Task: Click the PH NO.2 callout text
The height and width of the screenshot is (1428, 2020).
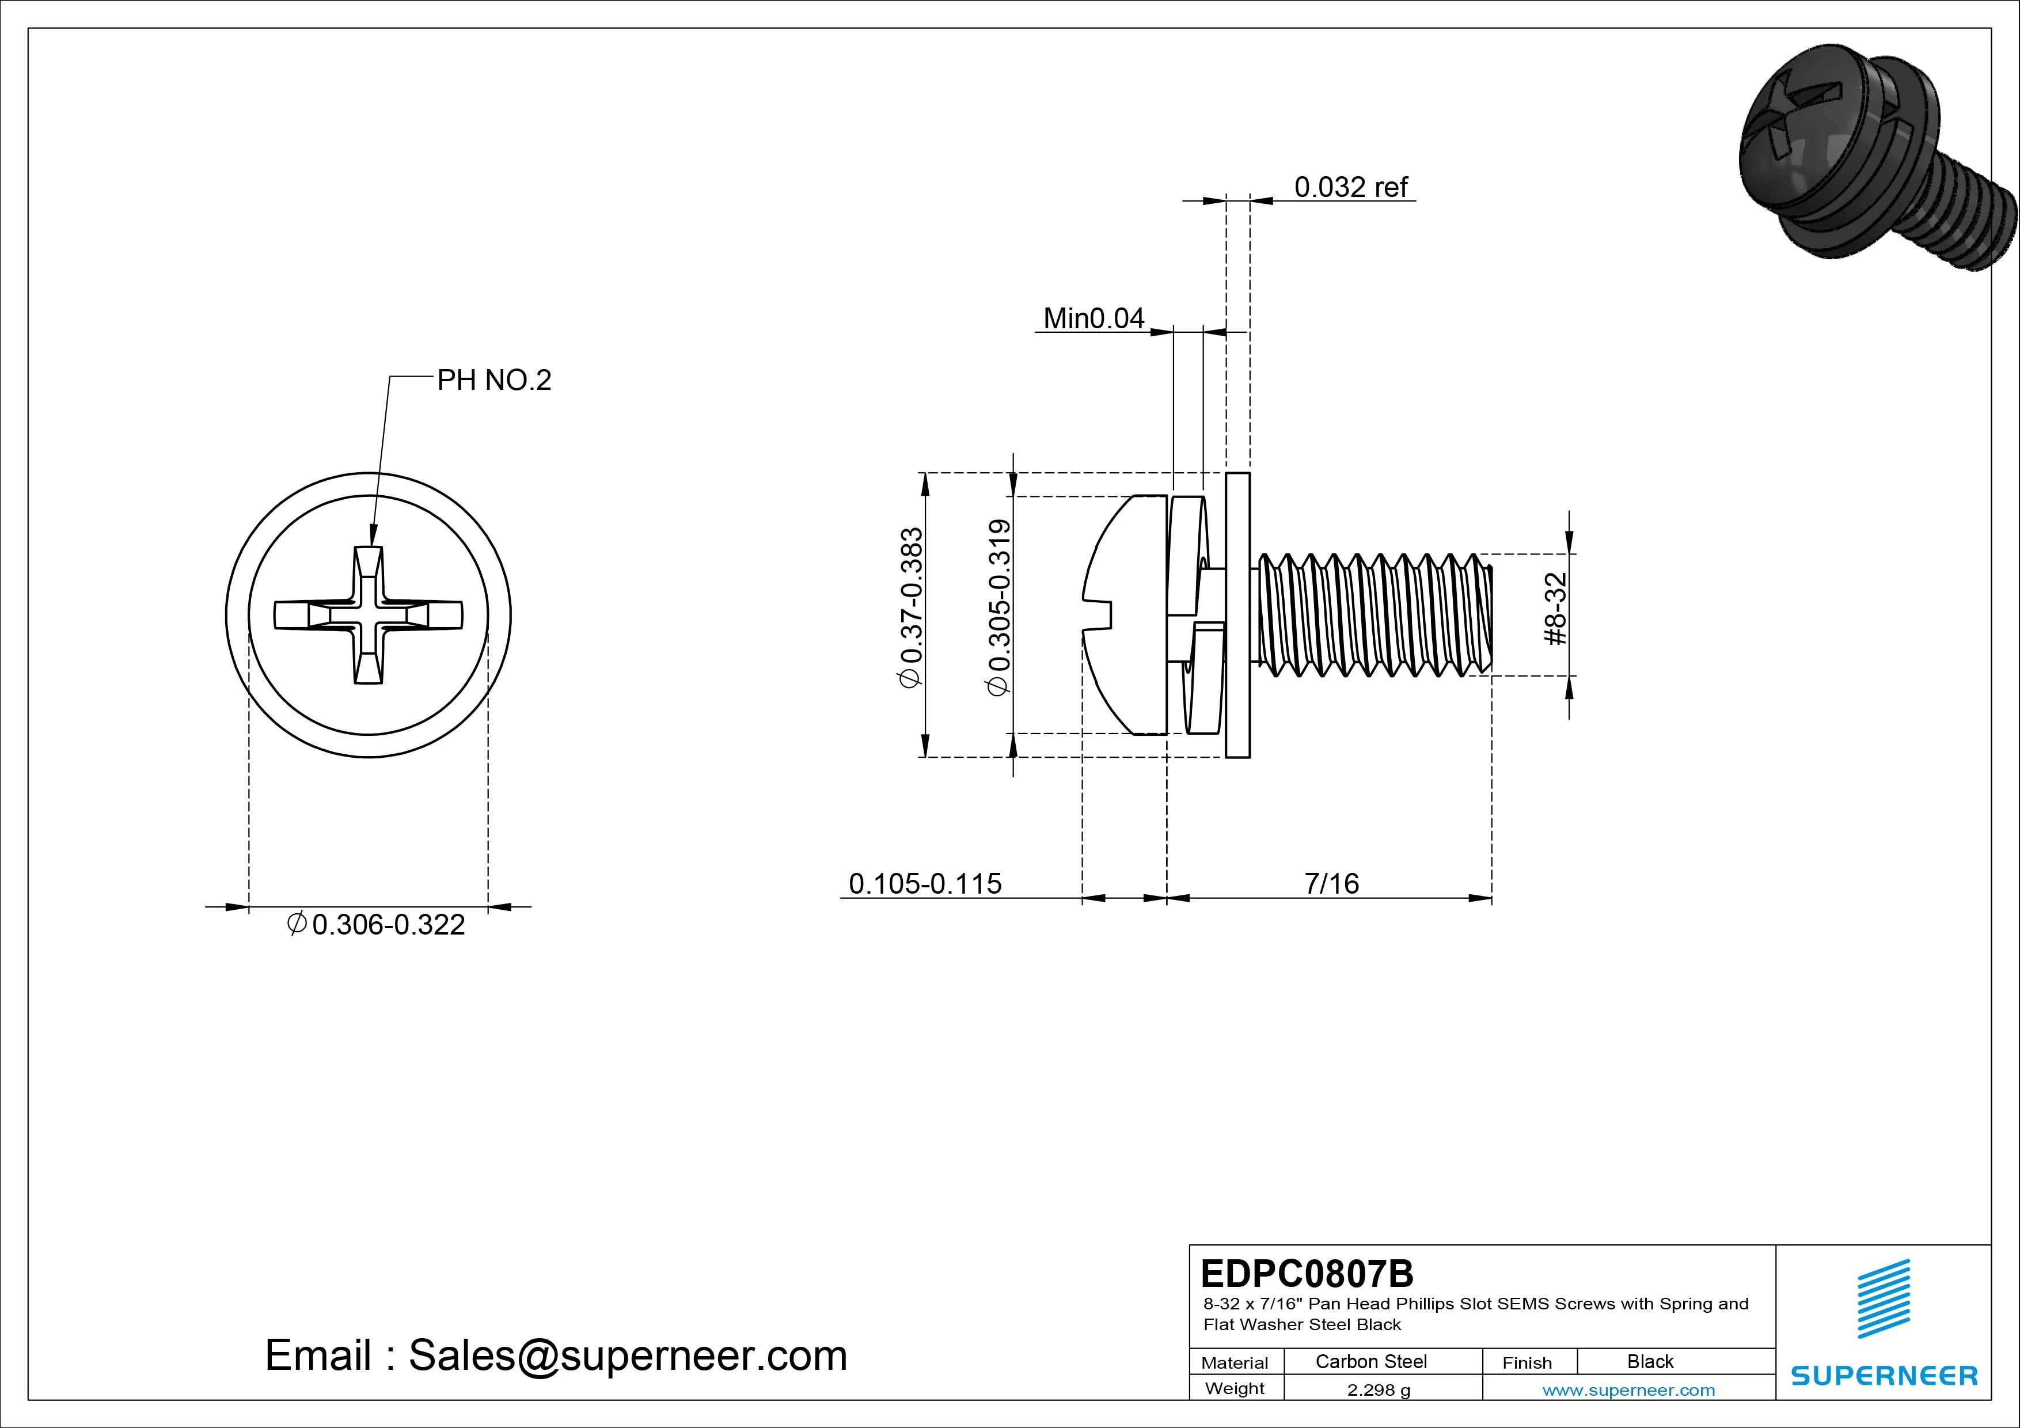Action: pyautogui.click(x=493, y=380)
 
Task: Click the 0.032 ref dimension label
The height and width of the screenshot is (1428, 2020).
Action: pyautogui.click(x=1350, y=187)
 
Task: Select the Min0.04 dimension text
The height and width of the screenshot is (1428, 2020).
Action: pyautogui.click(x=1093, y=318)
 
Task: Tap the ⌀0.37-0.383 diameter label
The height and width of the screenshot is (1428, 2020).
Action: pyautogui.click(x=912, y=607)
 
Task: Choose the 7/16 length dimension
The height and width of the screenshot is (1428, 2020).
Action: pyautogui.click(x=1331, y=883)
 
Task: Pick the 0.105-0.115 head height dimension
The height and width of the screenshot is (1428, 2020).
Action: pyautogui.click(x=925, y=883)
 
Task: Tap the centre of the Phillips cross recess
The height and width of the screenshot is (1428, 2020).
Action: pyautogui.click(x=369, y=615)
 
